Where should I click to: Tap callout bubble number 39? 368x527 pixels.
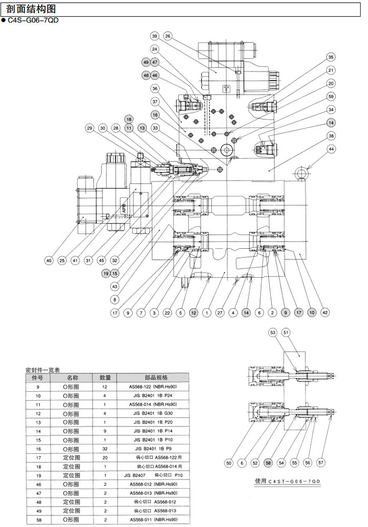(x=154, y=36)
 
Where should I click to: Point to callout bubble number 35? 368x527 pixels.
(x=331, y=57)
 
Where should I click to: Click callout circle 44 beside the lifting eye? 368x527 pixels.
(x=331, y=150)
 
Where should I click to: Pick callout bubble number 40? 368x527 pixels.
(x=48, y=260)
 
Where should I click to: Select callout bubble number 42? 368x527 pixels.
(x=325, y=312)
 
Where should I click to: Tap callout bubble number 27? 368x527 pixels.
(x=221, y=312)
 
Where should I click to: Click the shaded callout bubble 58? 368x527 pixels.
(x=268, y=463)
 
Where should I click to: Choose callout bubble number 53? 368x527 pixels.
(x=272, y=332)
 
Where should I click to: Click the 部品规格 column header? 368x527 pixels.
(x=156, y=377)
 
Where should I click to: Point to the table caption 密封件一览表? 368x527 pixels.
(x=43, y=369)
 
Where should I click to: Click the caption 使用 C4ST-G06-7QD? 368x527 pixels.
(x=287, y=481)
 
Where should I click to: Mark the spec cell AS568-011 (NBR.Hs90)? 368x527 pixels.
(x=156, y=520)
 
